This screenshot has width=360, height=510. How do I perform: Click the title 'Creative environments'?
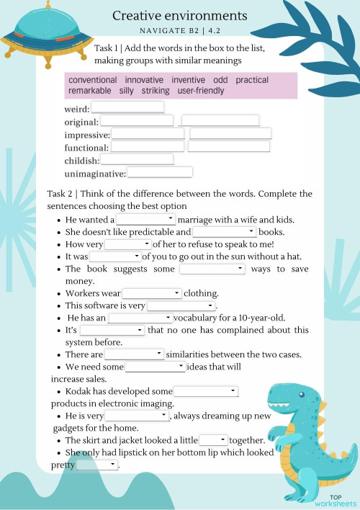180,16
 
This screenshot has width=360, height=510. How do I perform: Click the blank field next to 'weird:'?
127,108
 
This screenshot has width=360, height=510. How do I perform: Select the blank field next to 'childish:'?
137,160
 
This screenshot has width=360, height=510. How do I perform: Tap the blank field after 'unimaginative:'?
159,173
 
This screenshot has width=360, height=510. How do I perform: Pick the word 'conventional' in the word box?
93,80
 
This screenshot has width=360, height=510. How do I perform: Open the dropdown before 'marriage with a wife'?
146,219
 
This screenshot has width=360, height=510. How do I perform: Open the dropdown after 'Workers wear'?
152,293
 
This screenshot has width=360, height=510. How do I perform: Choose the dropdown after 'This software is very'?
176,306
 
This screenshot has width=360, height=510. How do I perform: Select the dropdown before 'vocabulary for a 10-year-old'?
140,318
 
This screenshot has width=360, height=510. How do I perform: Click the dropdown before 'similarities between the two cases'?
135,354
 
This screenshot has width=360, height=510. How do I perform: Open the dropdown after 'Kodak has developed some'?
206,391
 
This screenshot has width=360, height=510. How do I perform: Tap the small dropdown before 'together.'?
213,439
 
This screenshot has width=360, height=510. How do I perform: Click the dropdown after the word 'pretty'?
97,465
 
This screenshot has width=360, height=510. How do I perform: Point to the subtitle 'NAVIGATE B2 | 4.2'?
180,31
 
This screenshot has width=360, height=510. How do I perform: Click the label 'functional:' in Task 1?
86,148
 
